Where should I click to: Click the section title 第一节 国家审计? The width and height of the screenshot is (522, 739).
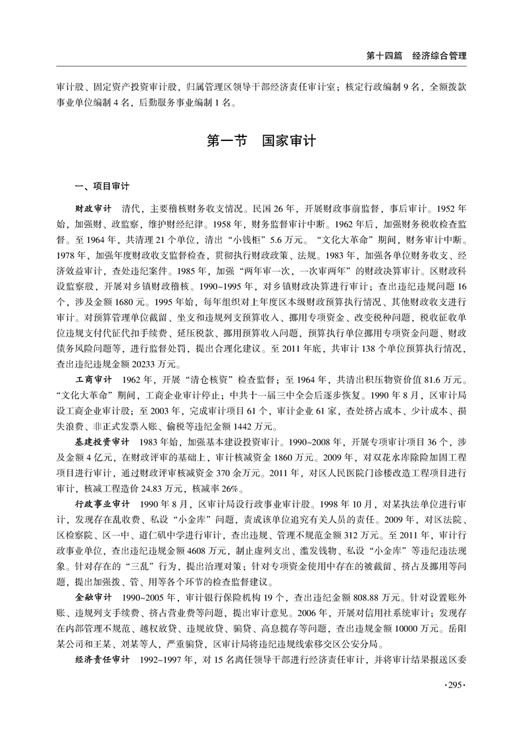[261, 141]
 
